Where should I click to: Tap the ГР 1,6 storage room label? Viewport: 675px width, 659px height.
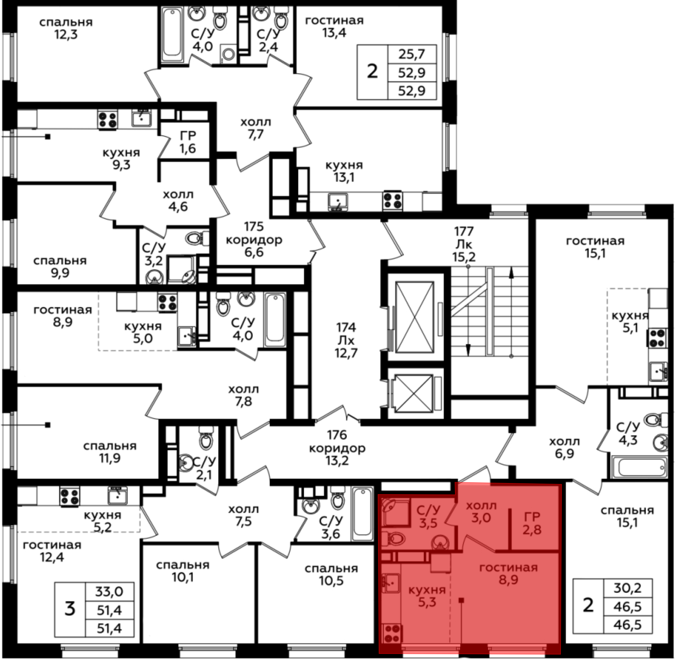(x=188, y=142)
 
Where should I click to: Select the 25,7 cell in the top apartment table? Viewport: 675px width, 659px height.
(x=412, y=54)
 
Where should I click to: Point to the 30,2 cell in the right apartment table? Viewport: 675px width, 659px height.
(x=627, y=588)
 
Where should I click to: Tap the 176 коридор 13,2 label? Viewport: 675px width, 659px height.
(x=337, y=448)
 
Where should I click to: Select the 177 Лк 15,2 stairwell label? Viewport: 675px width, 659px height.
(x=464, y=244)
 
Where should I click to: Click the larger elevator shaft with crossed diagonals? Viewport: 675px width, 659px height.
(x=414, y=317)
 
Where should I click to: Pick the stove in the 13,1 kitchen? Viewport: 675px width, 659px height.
(x=393, y=201)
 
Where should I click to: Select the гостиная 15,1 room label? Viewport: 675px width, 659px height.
(x=595, y=247)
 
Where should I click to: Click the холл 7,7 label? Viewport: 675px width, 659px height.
(x=255, y=128)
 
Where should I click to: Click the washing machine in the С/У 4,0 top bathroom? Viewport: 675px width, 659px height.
(x=228, y=54)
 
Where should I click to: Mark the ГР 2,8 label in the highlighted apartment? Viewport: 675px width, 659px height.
(x=532, y=523)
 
